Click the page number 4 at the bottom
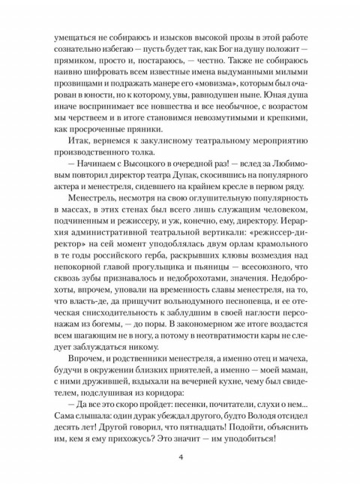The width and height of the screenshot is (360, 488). (x=180, y=457)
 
